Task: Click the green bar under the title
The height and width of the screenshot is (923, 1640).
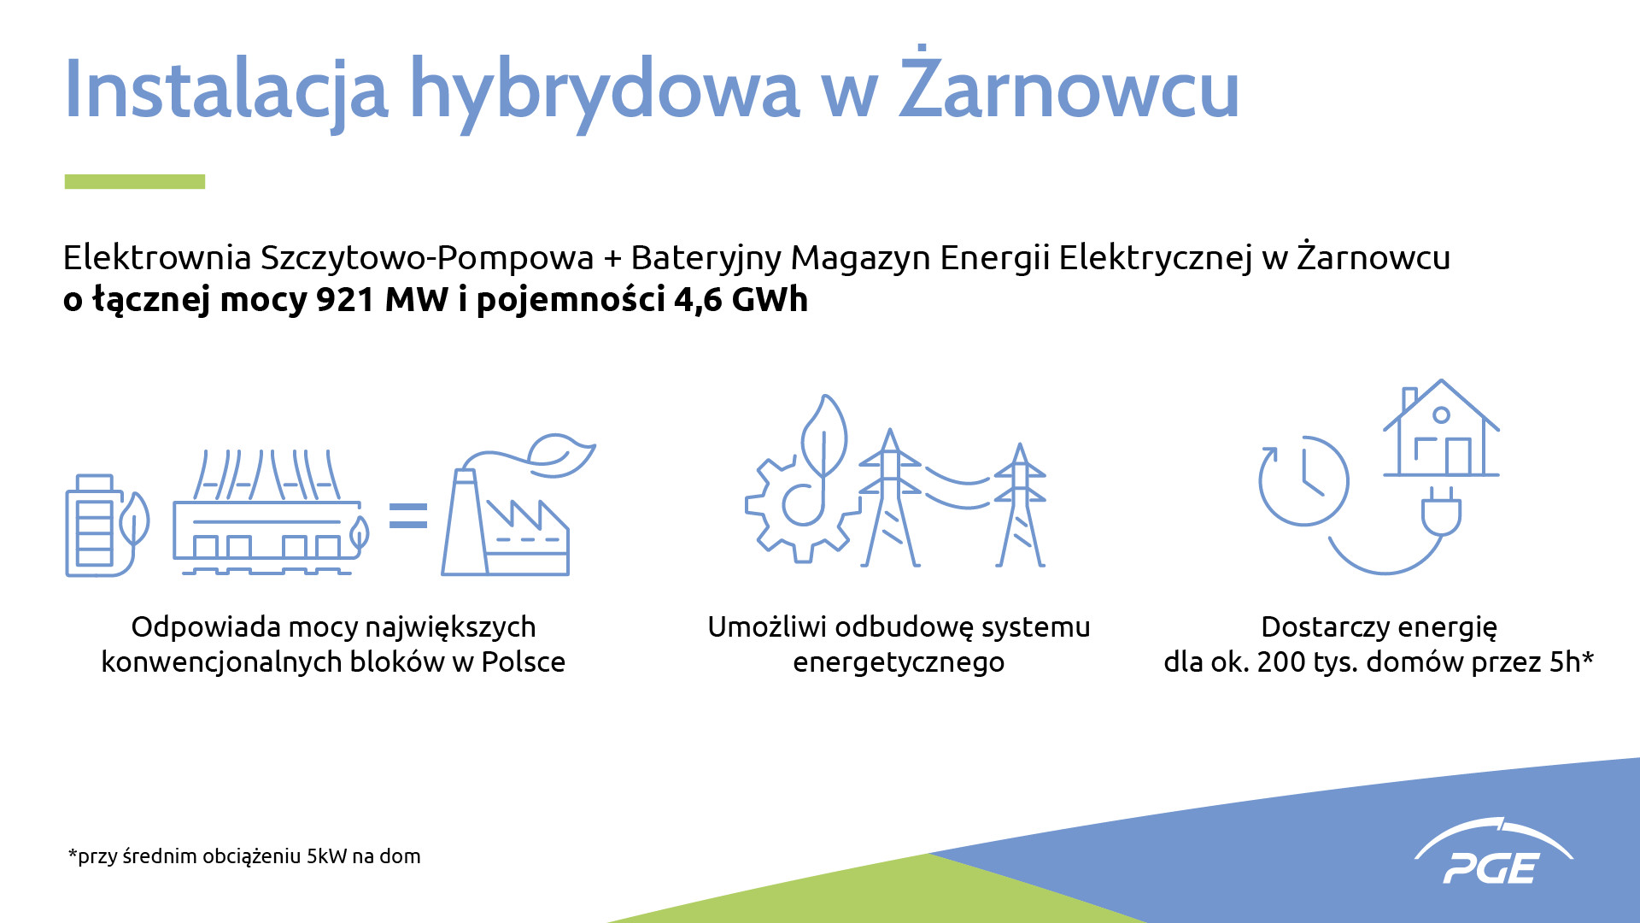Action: (x=135, y=181)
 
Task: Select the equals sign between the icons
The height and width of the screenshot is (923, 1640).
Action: (x=408, y=516)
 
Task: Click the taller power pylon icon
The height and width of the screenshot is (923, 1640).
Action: (x=890, y=498)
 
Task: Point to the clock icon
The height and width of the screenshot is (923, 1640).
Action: (x=1303, y=480)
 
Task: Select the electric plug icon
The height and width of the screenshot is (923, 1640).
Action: (x=1441, y=511)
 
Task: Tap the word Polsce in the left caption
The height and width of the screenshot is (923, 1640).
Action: (x=523, y=662)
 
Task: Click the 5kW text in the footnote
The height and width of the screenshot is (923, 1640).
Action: (x=327, y=856)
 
